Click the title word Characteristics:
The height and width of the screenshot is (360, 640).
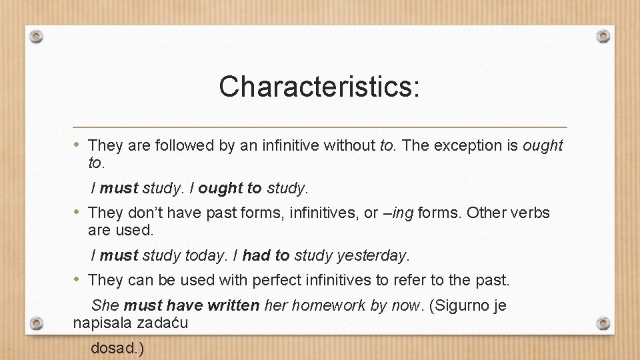[x=319, y=87]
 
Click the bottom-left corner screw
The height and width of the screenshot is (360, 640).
[x=37, y=324]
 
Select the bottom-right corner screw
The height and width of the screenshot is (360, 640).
[x=603, y=324]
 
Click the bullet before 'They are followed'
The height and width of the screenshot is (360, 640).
[x=78, y=145]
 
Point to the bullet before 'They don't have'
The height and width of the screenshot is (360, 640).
[x=78, y=213]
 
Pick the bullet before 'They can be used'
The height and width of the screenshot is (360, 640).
[x=78, y=280]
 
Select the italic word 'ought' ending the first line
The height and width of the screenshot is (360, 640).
[x=543, y=145]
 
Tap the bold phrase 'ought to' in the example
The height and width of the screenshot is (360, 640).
[x=230, y=188]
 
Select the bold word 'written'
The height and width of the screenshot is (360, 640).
[x=233, y=306]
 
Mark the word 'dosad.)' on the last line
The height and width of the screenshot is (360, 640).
[x=117, y=349]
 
